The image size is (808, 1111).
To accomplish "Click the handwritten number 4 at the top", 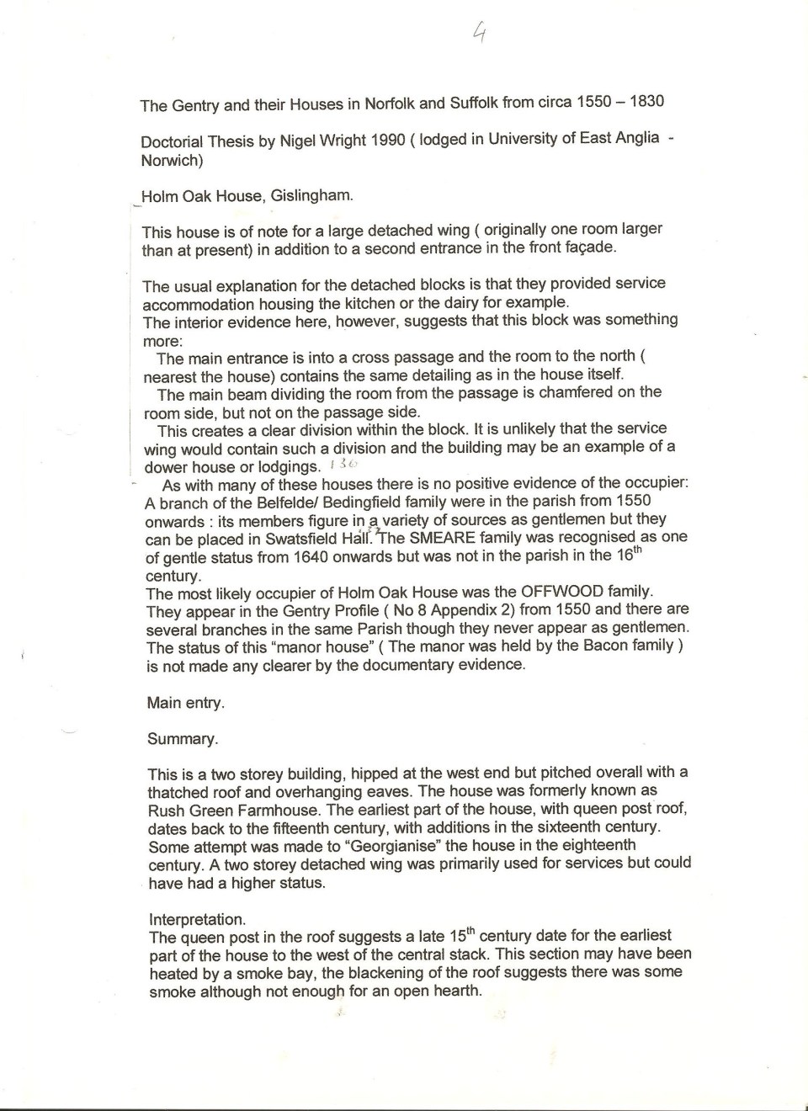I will click(x=479, y=33).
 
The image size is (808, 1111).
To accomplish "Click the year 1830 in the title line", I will click(x=646, y=102).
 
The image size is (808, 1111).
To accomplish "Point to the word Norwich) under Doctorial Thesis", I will click(x=172, y=160).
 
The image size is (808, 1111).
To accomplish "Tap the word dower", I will click(x=165, y=467).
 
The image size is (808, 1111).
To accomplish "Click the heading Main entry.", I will click(x=185, y=703).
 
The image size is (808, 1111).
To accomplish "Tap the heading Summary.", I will click(x=182, y=739).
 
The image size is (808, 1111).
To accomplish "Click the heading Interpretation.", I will click(x=197, y=919).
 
